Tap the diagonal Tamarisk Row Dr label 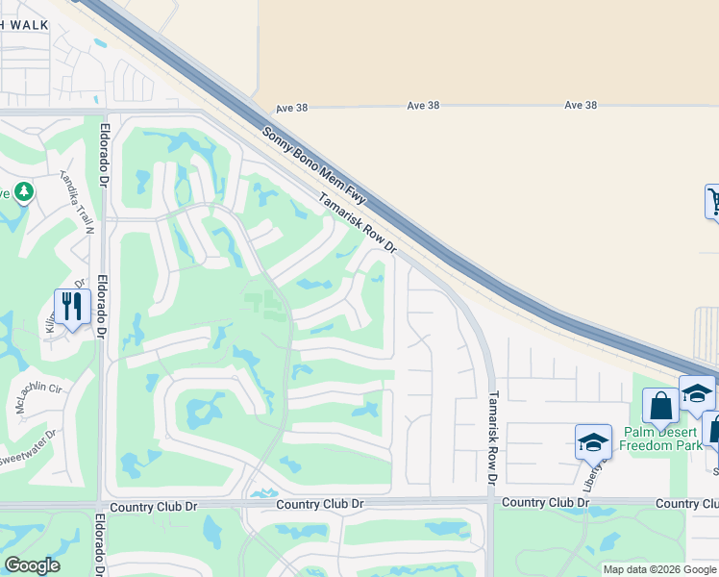358,220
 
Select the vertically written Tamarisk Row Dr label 493,437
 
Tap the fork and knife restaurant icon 72,307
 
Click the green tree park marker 23,192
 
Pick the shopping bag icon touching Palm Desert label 660,406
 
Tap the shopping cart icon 713,202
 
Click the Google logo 32,565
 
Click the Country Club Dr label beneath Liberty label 545,502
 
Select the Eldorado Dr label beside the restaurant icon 101,310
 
